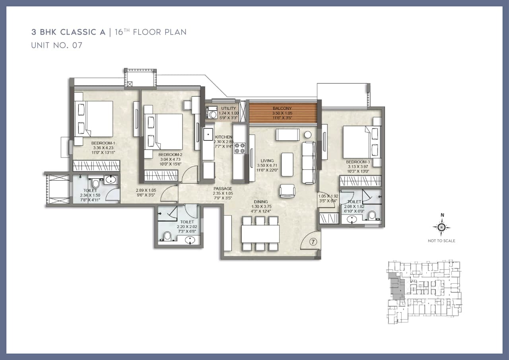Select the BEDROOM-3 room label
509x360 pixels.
[357, 162]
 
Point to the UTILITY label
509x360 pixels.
[229, 109]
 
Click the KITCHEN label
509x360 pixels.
[223, 137]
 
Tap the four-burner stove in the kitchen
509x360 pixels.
[241, 148]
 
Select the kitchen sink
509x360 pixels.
[208, 134]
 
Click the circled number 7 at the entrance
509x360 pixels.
[313, 241]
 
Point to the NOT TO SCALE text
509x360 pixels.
[441, 241]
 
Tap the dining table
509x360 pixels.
[260, 234]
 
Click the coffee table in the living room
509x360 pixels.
[287, 164]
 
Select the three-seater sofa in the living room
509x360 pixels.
[309, 162]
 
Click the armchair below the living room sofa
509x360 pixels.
[287, 191]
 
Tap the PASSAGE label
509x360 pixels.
[223, 189]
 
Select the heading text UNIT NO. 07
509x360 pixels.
[57, 45]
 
